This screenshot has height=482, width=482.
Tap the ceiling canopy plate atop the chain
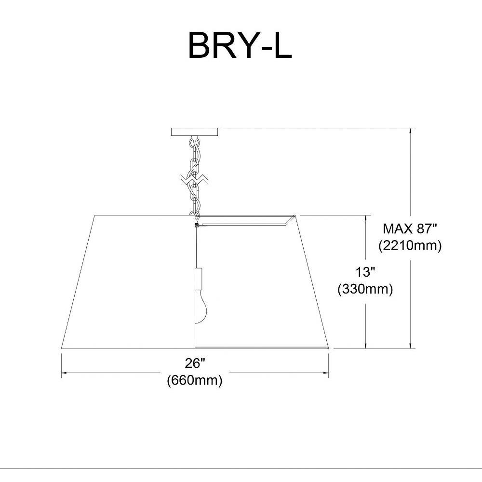point(194,132)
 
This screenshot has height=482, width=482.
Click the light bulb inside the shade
point(201,308)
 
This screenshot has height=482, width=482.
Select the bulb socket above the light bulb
point(199,279)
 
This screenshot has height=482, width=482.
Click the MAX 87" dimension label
point(410,228)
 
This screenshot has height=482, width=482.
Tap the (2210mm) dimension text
point(410,246)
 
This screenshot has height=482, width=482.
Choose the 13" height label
point(365,272)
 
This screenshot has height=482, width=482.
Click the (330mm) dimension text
point(365,289)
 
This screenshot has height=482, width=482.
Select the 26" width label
point(195,363)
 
